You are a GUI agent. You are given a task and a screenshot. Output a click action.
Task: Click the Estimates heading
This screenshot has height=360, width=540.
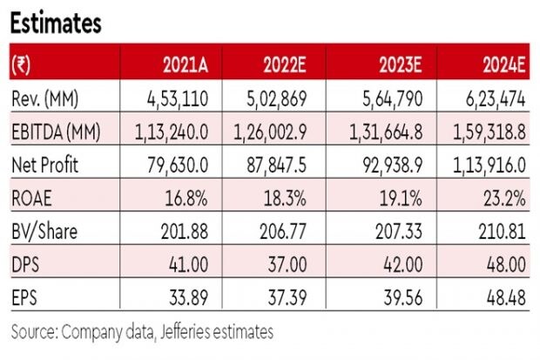pyautogui.click(x=55, y=24)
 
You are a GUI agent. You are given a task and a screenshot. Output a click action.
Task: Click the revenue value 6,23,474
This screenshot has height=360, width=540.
pyautogui.click(x=493, y=99)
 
